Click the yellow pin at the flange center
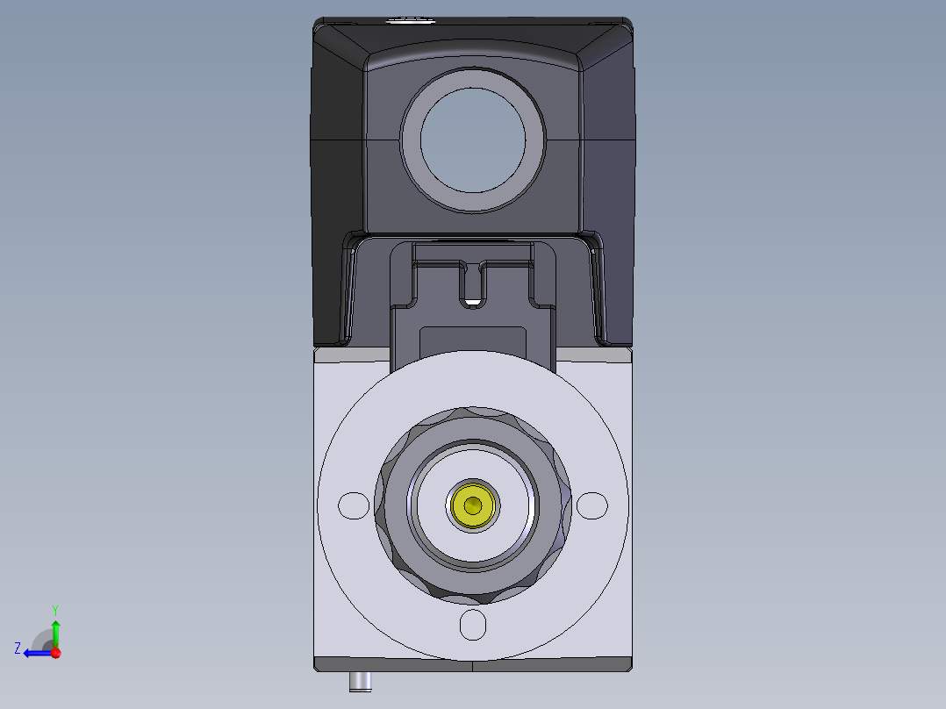click(x=473, y=505)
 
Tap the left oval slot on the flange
click(x=354, y=505)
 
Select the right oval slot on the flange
click(x=591, y=505)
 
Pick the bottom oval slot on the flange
click(x=473, y=625)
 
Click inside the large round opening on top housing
click(x=473, y=140)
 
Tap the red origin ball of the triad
click(x=55, y=653)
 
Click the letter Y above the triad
click(x=54, y=609)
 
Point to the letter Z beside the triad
click(x=17, y=648)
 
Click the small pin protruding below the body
click(x=360, y=681)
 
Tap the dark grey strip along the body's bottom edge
click(x=395, y=664)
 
